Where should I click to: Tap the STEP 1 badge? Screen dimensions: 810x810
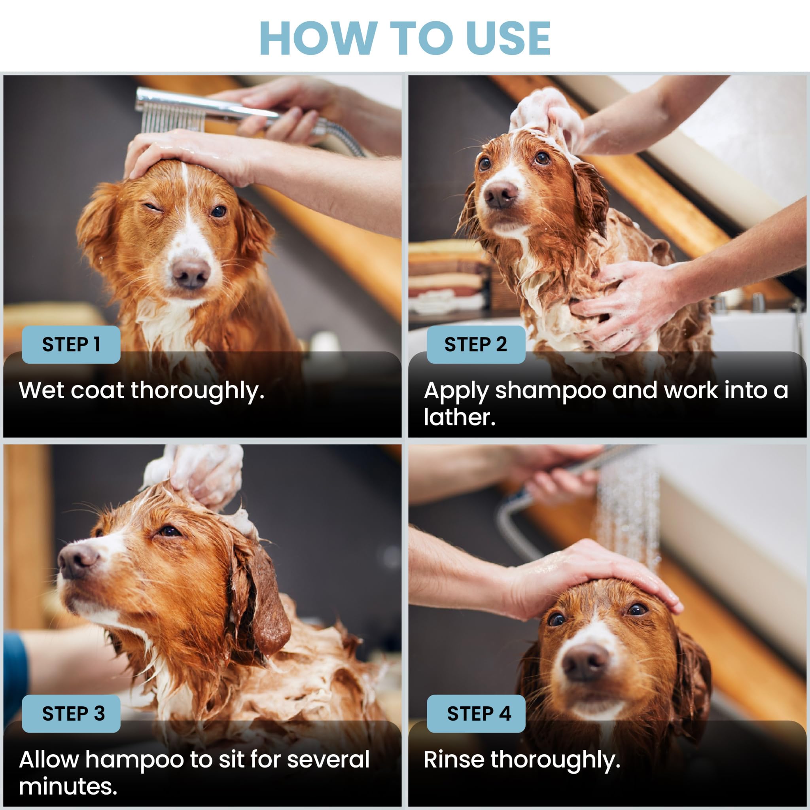[71, 344]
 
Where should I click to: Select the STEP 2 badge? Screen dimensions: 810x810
[476, 344]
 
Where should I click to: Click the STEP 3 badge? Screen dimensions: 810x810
[71, 713]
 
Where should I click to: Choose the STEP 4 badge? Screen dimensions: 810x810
[476, 713]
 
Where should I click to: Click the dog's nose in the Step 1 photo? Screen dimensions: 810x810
[191, 273]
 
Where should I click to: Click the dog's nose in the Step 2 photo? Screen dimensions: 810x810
[500, 195]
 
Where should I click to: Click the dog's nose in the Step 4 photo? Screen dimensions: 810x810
[585, 662]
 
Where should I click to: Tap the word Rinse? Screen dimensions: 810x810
[454, 759]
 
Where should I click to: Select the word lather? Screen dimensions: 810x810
[459, 417]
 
